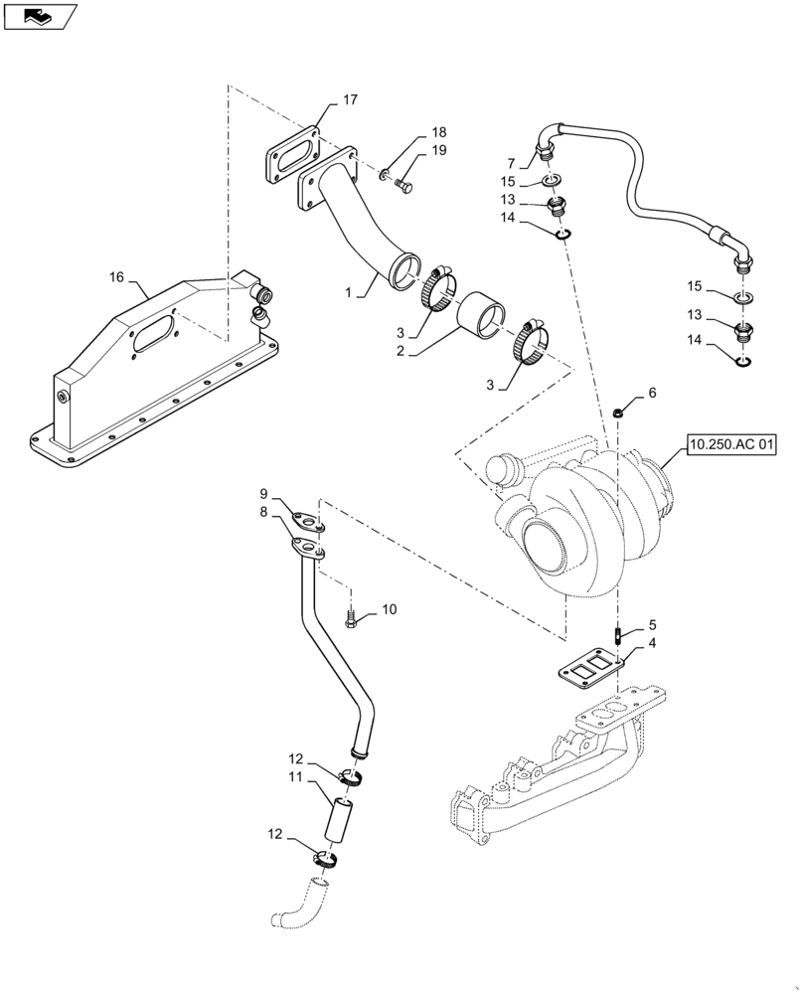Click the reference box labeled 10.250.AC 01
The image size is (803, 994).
(x=728, y=446)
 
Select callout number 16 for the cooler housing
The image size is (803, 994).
(x=117, y=277)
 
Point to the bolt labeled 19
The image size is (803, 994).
(x=403, y=184)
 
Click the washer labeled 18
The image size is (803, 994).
(x=384, y=175)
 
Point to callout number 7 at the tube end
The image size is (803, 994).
(x=511, y=163)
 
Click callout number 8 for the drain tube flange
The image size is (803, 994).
(x=263, y=513)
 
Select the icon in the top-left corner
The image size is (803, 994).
(x=40, y=16)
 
